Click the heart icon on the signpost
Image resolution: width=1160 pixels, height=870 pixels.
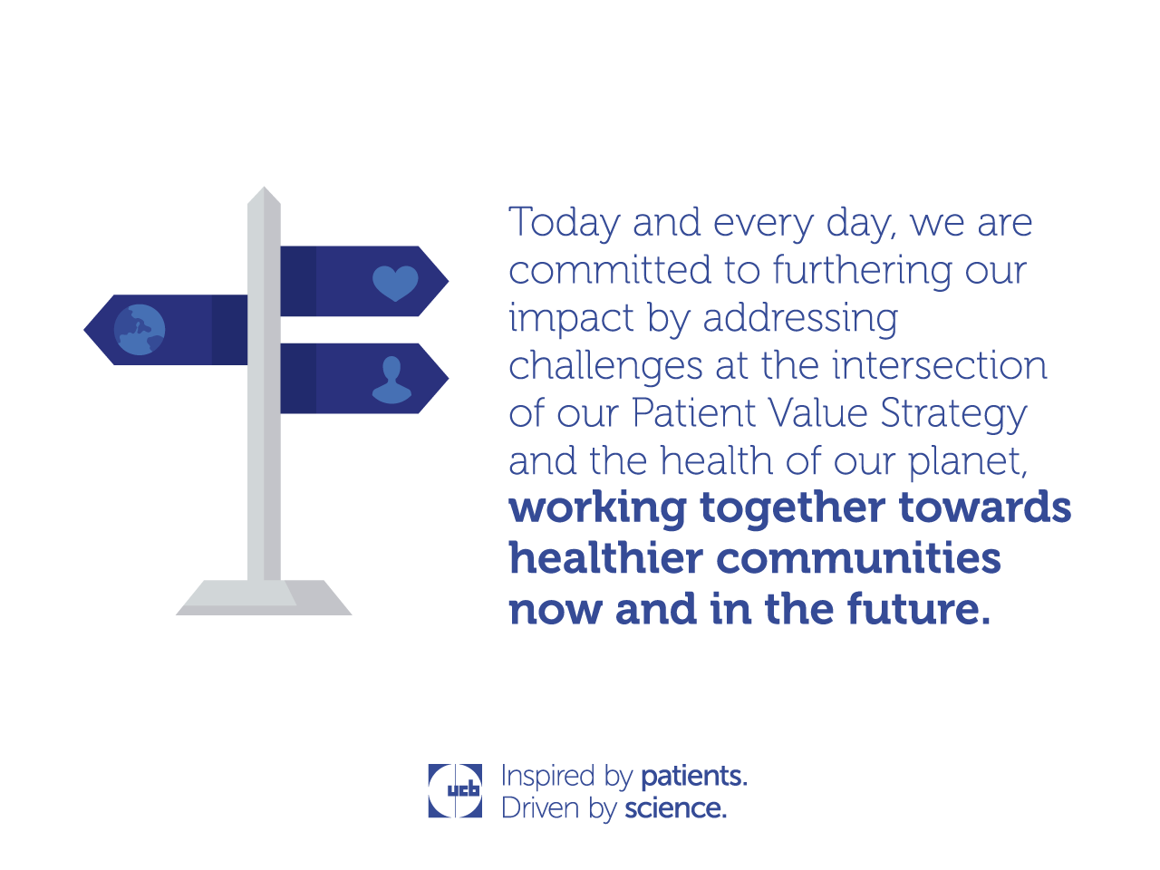pyautogui.click(x=395, y=283)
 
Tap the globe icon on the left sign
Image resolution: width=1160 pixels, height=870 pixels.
pyautogui.click(x=140, y=330)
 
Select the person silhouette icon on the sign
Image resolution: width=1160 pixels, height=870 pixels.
pyautogui.click(x=391, y=380)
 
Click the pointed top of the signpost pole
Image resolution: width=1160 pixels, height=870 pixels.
pyautogui.click(x=264, y=188)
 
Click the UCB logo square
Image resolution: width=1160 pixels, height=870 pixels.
pyautogui.click(x=455, y=791)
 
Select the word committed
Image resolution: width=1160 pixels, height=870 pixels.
pyautogui.click(x=609, y=270)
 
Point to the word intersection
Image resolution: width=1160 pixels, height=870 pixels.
pyautogui.click(x=939, y=364)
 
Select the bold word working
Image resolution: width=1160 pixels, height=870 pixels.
pyautogui.click(x=598, y=508)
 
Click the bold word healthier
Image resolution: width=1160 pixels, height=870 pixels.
pyautogui.click(x=605, y=557)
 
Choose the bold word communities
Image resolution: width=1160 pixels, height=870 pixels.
pyautogui.click(x=858, y=558)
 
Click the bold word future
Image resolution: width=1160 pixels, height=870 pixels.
pyautogui.click(x=919, y=609)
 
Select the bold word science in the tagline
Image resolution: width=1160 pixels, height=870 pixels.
pyautogui.click(x=676, y=808)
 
